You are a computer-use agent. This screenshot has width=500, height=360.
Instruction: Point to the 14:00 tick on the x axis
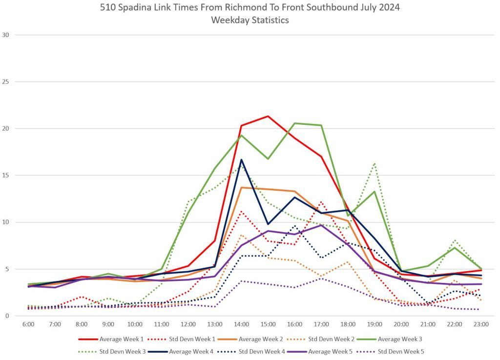(241, 324)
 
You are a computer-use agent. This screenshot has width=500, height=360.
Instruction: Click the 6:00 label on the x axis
(28, 324)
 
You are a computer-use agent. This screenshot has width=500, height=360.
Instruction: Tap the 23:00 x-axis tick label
(481, 324)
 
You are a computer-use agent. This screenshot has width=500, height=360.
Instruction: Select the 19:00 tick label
(375, 324)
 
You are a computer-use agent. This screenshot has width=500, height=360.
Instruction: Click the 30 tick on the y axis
(7, 35)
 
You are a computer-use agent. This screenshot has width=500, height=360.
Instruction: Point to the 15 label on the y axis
(7, 176)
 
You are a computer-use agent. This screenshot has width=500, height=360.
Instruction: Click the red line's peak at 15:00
(268, 116)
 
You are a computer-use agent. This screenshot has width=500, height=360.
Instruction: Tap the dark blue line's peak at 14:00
(241, 160)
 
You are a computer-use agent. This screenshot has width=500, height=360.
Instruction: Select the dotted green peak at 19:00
(375, 163)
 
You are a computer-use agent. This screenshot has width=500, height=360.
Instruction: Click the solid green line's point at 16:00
(294, 123)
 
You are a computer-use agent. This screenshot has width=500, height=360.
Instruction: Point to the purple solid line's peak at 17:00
(321, 225)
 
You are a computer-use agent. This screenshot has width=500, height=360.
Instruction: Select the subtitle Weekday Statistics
(250, 20)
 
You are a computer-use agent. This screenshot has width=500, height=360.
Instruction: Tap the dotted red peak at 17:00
(321, 202)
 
